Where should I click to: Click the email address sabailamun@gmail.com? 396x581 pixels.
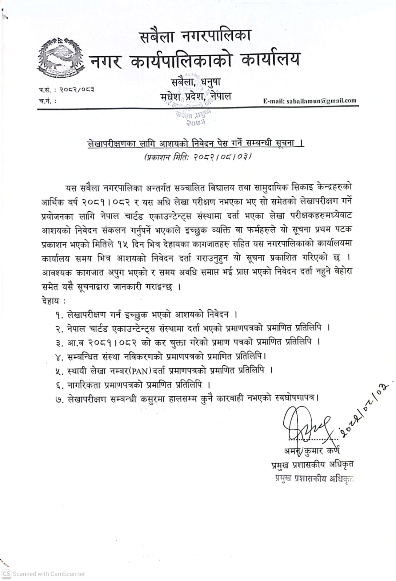[310, 101]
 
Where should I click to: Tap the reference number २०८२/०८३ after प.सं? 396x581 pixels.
[77, 89]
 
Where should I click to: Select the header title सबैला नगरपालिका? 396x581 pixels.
[196, 37]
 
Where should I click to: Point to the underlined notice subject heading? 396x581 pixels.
[196, 143]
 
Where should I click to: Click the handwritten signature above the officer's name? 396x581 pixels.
[305, 425]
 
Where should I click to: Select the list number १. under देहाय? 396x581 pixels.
[60, 315]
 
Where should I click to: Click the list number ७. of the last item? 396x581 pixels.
[60, 400]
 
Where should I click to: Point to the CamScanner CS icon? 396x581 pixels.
[6, 574]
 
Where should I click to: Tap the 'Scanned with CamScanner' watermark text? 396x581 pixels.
[49, 574]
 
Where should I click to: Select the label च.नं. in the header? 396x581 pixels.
[47, 101]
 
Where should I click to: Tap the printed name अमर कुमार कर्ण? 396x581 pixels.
[312, 451]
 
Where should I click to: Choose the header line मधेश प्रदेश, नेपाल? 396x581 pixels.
[196, 97]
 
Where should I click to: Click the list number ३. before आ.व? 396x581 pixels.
[60, 343]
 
